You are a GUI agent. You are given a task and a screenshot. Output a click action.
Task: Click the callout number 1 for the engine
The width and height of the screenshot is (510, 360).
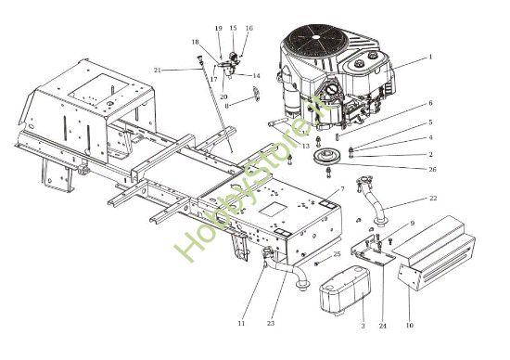pyautogui.click(x=430, y=57)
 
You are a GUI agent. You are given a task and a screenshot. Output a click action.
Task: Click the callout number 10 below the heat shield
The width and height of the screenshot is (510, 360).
pyautogui.click(x=409, y=326)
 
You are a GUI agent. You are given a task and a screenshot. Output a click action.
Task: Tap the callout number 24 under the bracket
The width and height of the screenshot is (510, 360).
pyautogui.click(x=382, y=326)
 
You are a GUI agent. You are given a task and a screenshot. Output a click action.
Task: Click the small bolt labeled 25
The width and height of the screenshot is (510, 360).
pyautogui.click(x=318, y=263)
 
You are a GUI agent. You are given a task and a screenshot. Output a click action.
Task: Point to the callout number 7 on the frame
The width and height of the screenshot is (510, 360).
pyautogui.click(x=342, y=189)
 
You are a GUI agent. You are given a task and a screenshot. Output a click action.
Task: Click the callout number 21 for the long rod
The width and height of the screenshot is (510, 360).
pyautogui.click(x=158, y=71)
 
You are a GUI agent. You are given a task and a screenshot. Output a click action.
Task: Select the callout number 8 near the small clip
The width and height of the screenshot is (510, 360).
pyautogui.click(x=224, y=107)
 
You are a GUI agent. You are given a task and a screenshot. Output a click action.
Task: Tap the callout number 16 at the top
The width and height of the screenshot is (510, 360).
pyautogui.click(x=249, y=29)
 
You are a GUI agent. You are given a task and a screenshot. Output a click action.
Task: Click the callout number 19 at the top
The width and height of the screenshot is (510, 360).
pyautogui.click(x=219, y=29)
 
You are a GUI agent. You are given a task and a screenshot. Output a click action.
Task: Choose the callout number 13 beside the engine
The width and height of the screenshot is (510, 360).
pyautogui.click(x=306, y=146)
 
